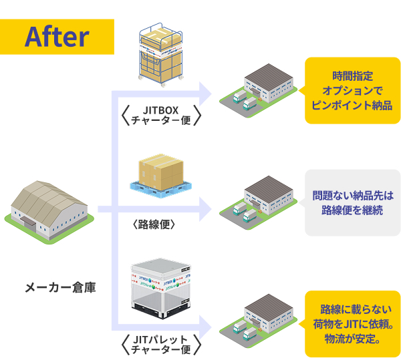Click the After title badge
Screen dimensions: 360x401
57,36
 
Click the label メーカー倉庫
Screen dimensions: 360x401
60,288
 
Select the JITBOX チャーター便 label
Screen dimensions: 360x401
162,115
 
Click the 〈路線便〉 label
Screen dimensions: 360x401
154,224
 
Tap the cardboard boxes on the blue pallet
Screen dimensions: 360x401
160,172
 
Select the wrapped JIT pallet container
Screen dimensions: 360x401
161,289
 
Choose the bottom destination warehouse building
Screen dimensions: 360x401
259,318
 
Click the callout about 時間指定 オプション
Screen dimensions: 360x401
352,91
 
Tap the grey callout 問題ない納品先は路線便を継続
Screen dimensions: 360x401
352,203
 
